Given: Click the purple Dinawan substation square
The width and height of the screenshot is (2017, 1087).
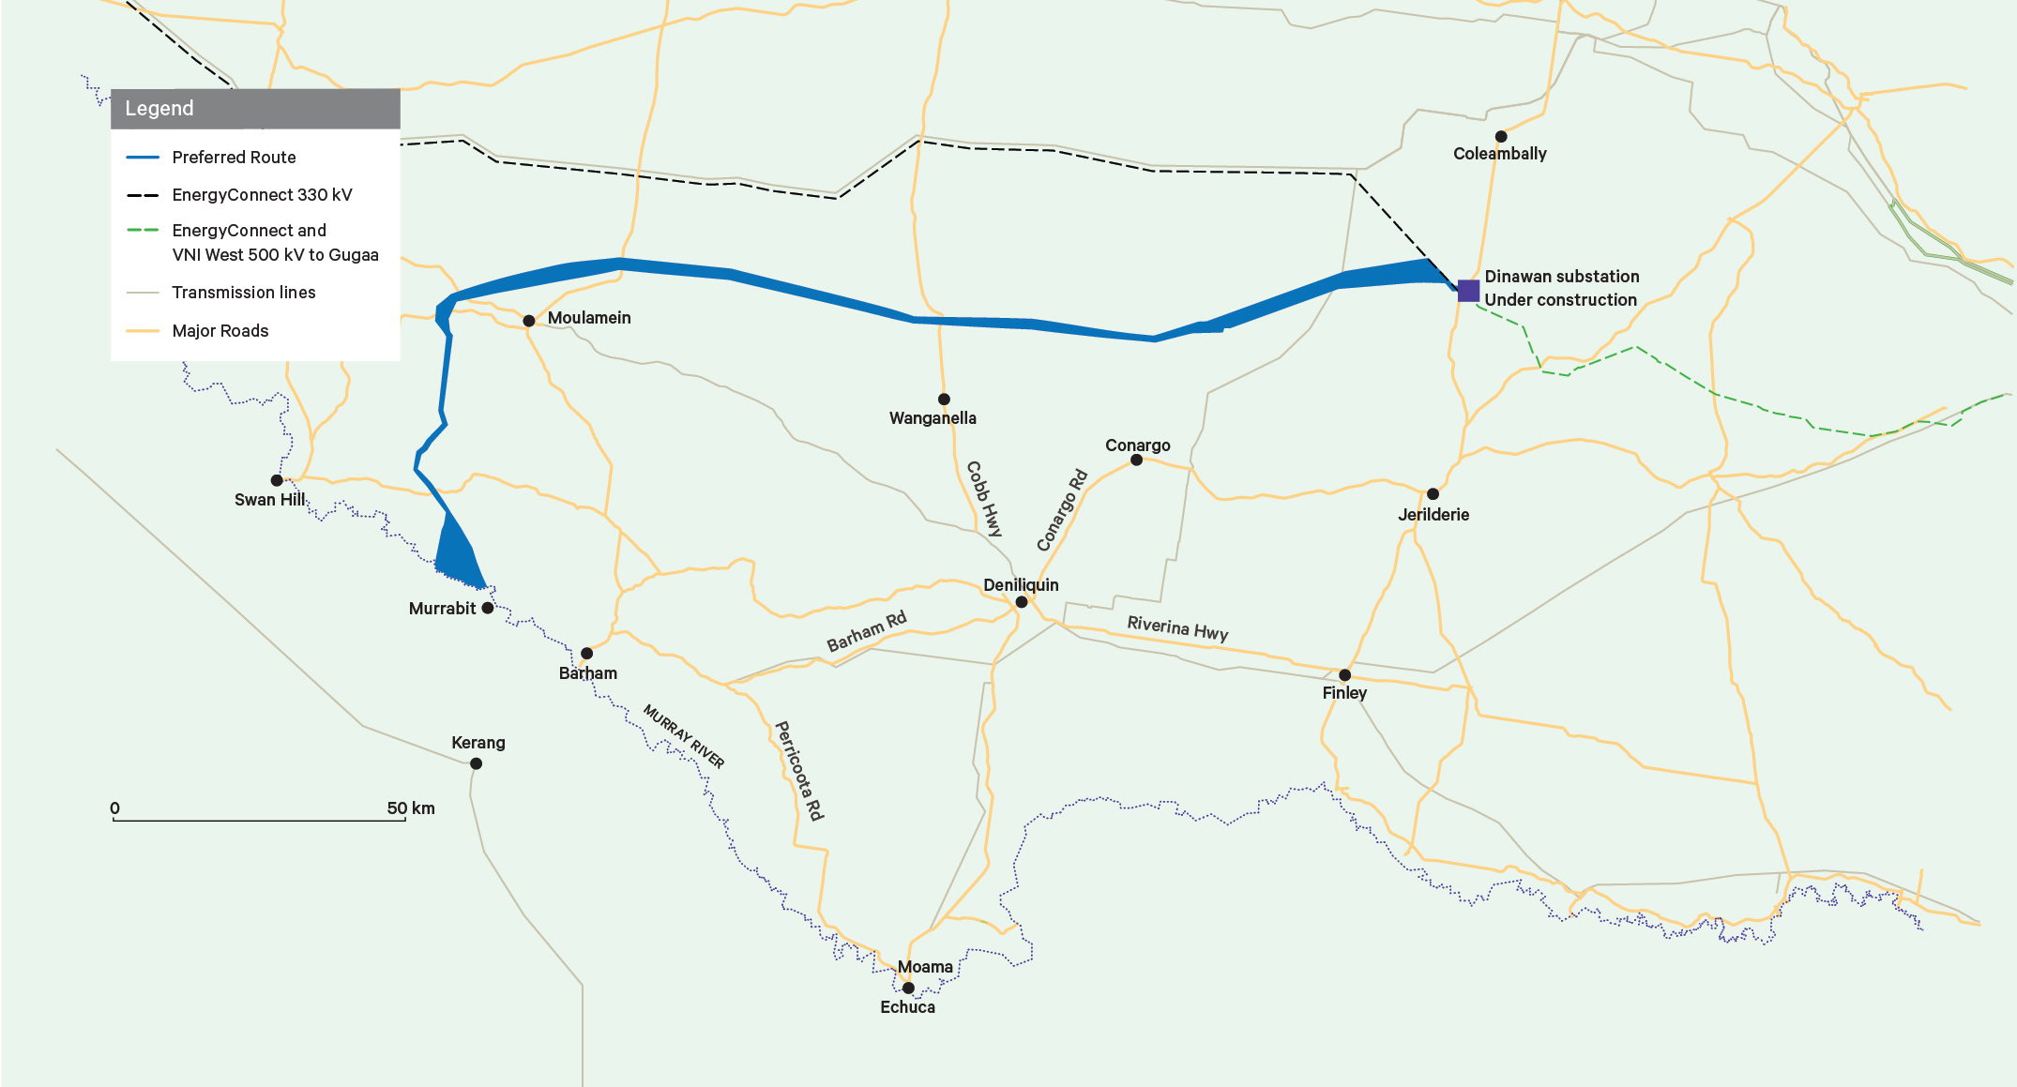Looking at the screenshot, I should pyautogui.click(x=1468, y=290).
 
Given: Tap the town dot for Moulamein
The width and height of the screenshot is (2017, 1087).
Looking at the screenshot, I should pyautogui.click(x=529, y=321).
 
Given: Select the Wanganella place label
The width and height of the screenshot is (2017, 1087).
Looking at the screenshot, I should pyautogui.click(x=933, y=418).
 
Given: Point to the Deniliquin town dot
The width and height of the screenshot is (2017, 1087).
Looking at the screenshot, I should pyautogui.click(x=1022, y=602).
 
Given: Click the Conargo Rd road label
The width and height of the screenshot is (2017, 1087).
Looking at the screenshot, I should pyautogui.click(x=1062, y=510).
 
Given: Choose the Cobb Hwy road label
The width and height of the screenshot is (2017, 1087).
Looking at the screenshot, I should pyautogui.click(x=984, y=499).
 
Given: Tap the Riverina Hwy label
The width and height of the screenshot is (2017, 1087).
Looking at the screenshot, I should pyautogui.click(x=1177, y=627).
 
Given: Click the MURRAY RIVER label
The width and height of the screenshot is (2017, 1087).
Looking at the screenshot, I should pyautogui.click(x=684, y=737).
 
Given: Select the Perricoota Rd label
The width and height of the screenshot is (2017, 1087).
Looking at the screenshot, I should pyautogui.click(x=799, y=770).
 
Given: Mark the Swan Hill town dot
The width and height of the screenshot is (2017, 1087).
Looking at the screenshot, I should pyautogui.click(x=277, y=480).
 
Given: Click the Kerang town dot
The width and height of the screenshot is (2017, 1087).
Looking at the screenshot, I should pyautogui.click(x=477, y=763).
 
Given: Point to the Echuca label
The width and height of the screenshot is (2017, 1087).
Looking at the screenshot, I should pyautogui.click(x=907, y=1007).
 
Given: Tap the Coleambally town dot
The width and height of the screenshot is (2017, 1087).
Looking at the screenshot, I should pyautogui.click(x=1501, y=137).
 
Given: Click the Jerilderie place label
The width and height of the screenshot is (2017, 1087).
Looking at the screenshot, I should pyautogui.click(x=1433, y=515).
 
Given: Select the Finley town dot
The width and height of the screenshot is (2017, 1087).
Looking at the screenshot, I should pyautogui.click(x=1344, y=675).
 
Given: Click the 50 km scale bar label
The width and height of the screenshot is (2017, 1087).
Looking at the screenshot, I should pyautogui.click(x=411, y=808).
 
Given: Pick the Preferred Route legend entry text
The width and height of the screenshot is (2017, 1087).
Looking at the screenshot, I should pyautogui.click(x=234, y=158).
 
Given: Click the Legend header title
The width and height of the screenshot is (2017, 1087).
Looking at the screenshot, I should pyautogui.click(x=159, y=109).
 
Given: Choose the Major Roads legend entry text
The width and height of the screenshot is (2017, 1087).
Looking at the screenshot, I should pyautogui.click(x=220, y=331).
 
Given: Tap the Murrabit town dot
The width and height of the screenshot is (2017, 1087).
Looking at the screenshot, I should pyautogui.click(x=488, y=608).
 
